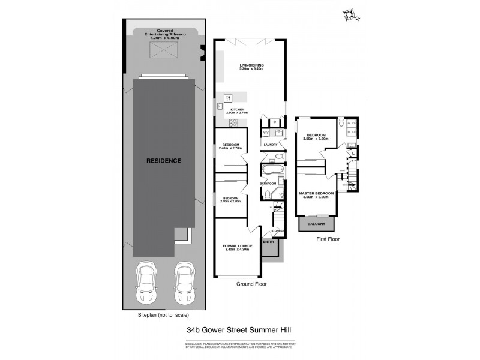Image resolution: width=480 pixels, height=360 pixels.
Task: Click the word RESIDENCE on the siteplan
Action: pyautogui.click(x=164, y=161)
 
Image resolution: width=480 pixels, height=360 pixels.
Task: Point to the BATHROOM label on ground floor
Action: pyautogui.click(x=268, y=183)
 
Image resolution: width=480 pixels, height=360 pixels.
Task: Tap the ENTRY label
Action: pyautogui.click(x=269, y=242)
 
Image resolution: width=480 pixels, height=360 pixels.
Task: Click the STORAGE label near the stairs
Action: pyautogui.click(x=277, y=230)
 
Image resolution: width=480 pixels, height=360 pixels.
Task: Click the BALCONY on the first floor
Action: pyautogui.click(x=316, y=224)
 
